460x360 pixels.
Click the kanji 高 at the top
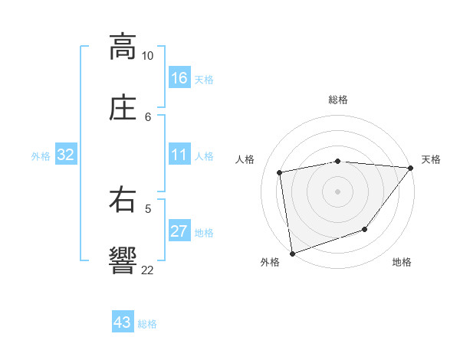coord(122,47)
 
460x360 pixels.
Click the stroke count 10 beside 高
coord(147,56)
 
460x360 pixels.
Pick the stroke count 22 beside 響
coord(147,270)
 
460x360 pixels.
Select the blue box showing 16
coord(179,78)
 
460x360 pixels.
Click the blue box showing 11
coord(179,155)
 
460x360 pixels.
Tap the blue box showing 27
coord(179,231)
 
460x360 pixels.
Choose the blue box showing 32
coord(66,155)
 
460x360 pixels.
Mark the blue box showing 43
coord(123,322)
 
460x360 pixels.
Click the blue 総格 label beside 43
coord(147,324)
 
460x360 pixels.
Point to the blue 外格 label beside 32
coord(41,156)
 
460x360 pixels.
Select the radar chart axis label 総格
coord(338,100)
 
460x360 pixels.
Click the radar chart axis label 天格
coord(431,159)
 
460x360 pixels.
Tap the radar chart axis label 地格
coord(402,263)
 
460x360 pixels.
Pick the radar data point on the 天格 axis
coord(411,168)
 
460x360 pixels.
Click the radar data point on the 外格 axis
coord(292,253)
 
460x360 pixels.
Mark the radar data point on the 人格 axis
coord(280,172)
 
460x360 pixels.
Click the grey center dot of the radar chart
coord(338,191)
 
